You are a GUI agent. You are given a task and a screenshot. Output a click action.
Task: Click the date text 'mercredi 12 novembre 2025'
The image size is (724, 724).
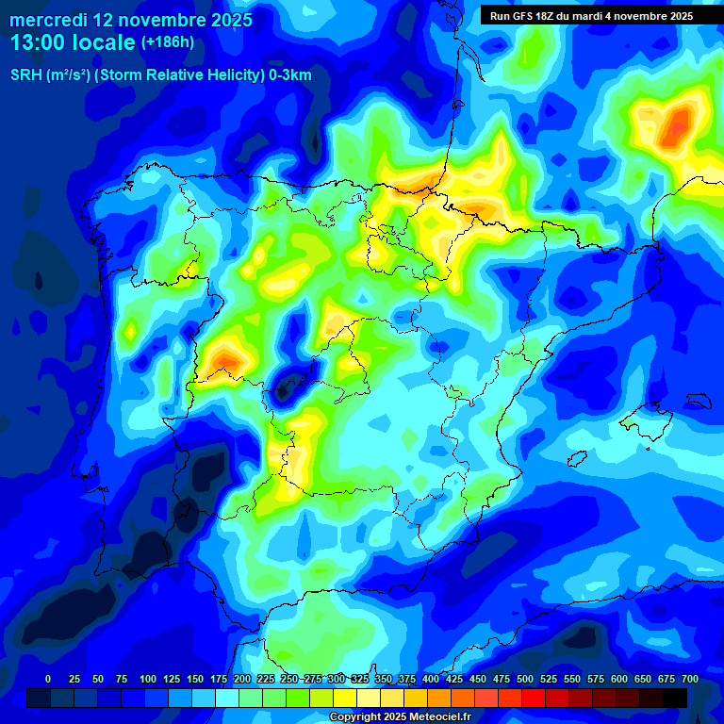pos(131,20)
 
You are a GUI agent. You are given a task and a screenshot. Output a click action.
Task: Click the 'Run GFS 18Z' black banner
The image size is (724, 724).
pos(590,16)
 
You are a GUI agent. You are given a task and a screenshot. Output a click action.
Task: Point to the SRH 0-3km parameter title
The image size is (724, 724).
pos(160,75)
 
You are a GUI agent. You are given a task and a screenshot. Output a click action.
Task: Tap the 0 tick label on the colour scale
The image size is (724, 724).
pos(48,680)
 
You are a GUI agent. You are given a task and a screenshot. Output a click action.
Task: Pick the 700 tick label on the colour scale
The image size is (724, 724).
pos(689,680)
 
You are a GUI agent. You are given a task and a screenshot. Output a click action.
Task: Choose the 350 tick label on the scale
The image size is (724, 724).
pos(383,680)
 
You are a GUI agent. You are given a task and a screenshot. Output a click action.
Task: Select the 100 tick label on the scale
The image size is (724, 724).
pos(147,680)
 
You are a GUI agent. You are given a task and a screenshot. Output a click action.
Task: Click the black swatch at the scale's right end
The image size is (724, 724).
pos(674,698)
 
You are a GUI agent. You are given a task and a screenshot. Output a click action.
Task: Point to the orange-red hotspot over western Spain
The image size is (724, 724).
pos(227,358)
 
